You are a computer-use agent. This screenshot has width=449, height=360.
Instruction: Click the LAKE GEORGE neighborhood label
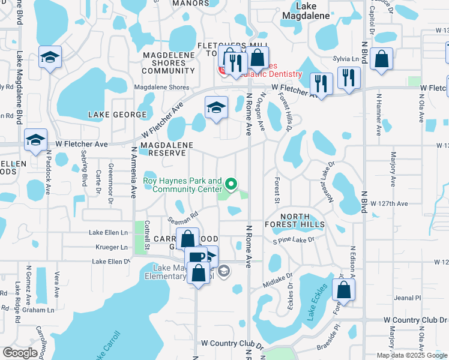(x=117, y=114)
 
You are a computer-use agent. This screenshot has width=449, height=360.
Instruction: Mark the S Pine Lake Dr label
(x=293, y=241)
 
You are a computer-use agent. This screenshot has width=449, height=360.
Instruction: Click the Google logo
(x=20, y=353)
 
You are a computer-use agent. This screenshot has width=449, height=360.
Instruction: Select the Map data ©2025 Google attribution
(x=412, y=355)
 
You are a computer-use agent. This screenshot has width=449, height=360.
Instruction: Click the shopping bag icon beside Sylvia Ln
(x=382, y=59)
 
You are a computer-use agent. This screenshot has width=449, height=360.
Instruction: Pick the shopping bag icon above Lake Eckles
(x=344, y=290)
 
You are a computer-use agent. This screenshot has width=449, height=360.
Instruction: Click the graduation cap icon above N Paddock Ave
(x=35, y=140)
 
